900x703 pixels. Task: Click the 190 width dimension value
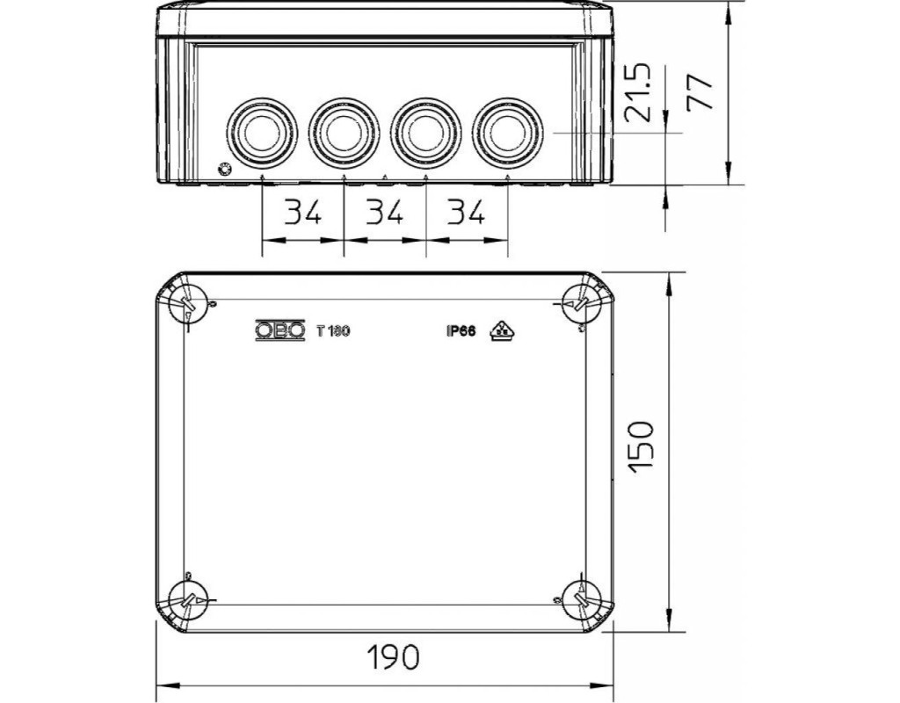coord(394,657)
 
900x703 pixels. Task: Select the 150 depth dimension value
coord(641,447)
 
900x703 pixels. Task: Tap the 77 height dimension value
coord(700,91)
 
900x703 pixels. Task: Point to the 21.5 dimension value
coord(638,92)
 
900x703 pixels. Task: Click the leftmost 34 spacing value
coord(303,212)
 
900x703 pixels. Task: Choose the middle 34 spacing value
coord(385,212)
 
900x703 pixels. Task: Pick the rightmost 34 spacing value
coord(466,212)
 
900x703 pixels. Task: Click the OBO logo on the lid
coord(280,330)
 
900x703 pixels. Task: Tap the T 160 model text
coord(333,331)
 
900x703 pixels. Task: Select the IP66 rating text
coord(461,331)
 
